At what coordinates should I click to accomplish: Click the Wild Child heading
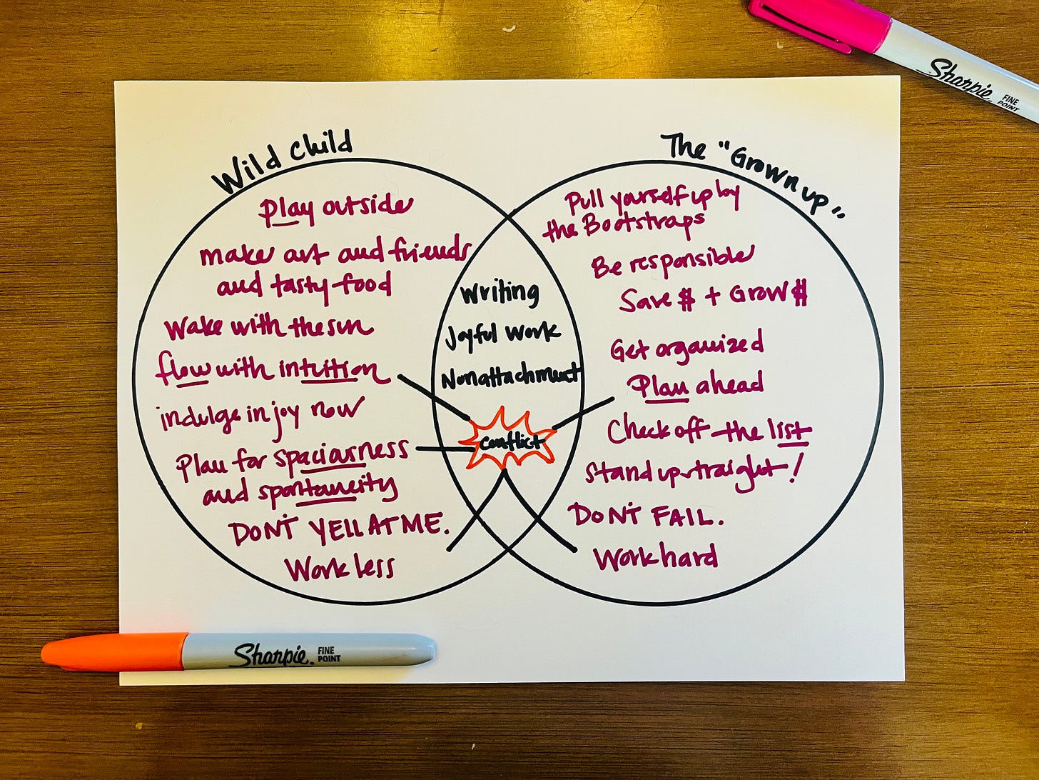(x=283, y=163)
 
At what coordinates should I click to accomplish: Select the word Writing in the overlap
(x=500, y=292)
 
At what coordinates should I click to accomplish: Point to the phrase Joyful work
(x=502, y=334)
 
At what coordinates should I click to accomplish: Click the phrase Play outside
(x=335, y=208)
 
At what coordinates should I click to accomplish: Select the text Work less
(x=340, y=568)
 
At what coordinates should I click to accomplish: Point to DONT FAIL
(x=645, y=515)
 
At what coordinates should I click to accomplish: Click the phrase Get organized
(x=686, y=346)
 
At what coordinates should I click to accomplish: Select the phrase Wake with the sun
(x=268, y=328)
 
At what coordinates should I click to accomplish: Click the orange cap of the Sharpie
(x=114, y=651)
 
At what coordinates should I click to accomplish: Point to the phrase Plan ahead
(x=695, y=385)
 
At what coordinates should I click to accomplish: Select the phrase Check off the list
(x=709, y=431)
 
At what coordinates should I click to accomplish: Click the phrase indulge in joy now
(x=261, y=414)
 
